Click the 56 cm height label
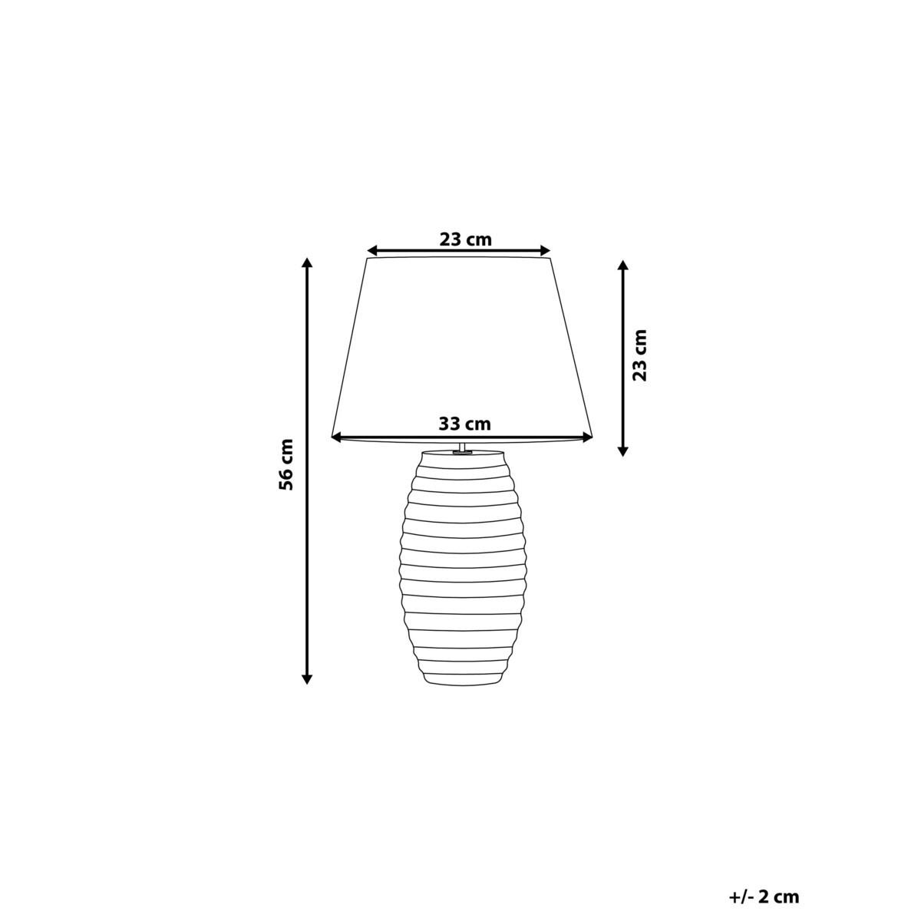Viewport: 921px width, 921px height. tap(286, 464)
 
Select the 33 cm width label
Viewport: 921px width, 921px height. tap(464, 423)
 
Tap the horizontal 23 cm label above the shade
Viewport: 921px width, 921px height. tap(465, 239)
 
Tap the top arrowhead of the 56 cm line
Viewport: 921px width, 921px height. tap(307, 263)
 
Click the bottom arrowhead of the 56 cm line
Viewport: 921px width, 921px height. tap(307, 678)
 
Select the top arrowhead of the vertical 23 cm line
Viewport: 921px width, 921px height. tap(623, 266)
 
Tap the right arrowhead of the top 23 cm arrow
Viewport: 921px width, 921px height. tap(546, 250)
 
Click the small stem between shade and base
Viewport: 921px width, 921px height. tap(461, 447)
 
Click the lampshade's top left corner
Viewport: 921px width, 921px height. tap(368, 259)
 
